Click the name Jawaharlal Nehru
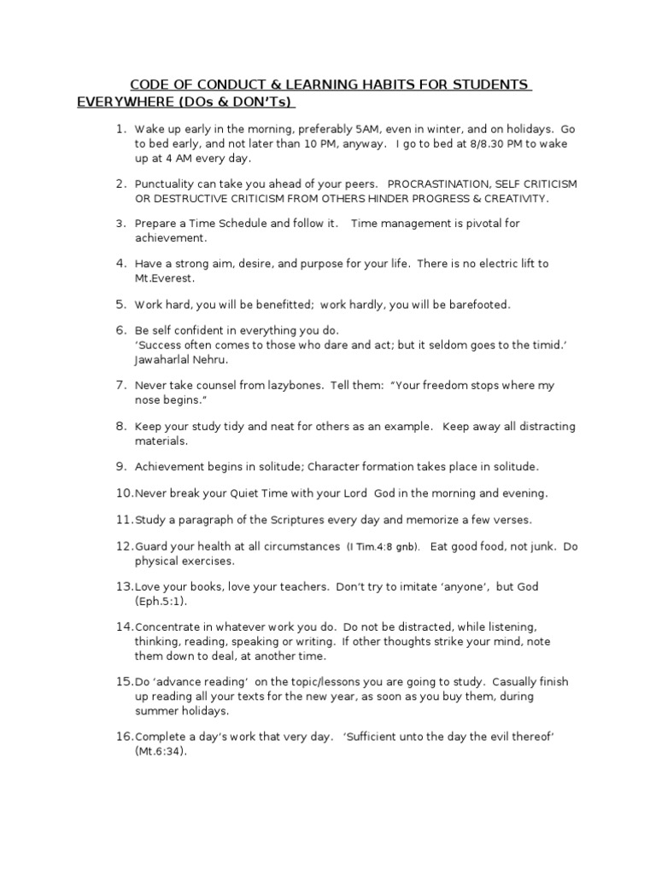pyautogui.click(x=182, y=359)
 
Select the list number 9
pyautogui.click(x=120, y=467)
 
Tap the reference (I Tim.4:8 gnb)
pyautogui.click(x=383, y=547)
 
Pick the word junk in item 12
pyautogui.click(x=536, y=546)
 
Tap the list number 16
pyautogui.click(x=123, y=737)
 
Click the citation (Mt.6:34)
pyautogui.click(x=160, y=752)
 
